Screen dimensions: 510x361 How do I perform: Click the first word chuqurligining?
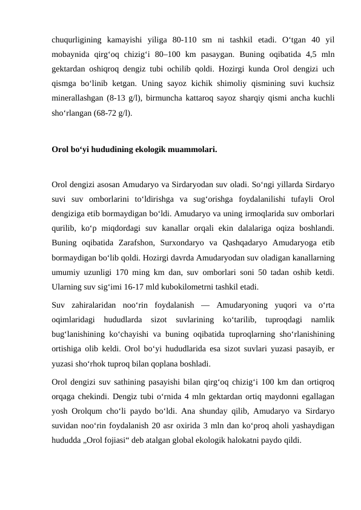[75, 40]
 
